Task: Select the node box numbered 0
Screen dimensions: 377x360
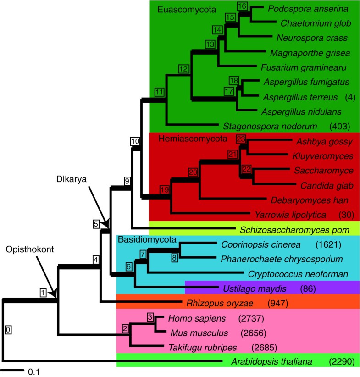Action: pyautogui.click(x=8, y=329)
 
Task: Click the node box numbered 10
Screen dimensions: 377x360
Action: pyautogui.click(x=135, y=141)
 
